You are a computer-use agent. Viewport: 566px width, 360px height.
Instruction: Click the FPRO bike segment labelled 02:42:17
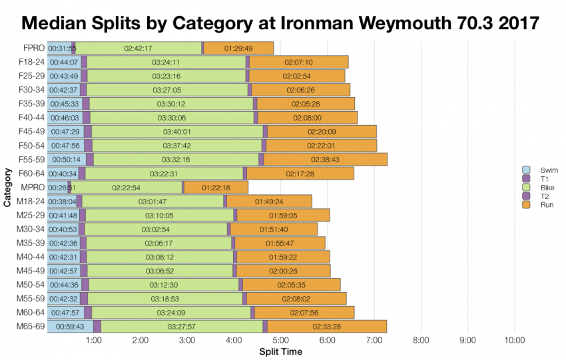(138, 48)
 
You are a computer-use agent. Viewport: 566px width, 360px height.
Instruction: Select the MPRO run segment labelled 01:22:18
(215, 188)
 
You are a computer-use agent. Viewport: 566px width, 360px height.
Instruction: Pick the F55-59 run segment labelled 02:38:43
(325, 160)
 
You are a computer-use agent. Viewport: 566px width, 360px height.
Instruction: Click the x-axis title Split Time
(280, 351)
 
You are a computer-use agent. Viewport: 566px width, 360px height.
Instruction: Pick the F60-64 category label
(31, 174)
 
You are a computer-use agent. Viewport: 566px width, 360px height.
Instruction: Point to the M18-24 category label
(31, 201)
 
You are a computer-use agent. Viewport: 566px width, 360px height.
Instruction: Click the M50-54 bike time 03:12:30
(163, 285)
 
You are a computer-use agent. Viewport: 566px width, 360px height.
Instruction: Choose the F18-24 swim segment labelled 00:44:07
(64, 62)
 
